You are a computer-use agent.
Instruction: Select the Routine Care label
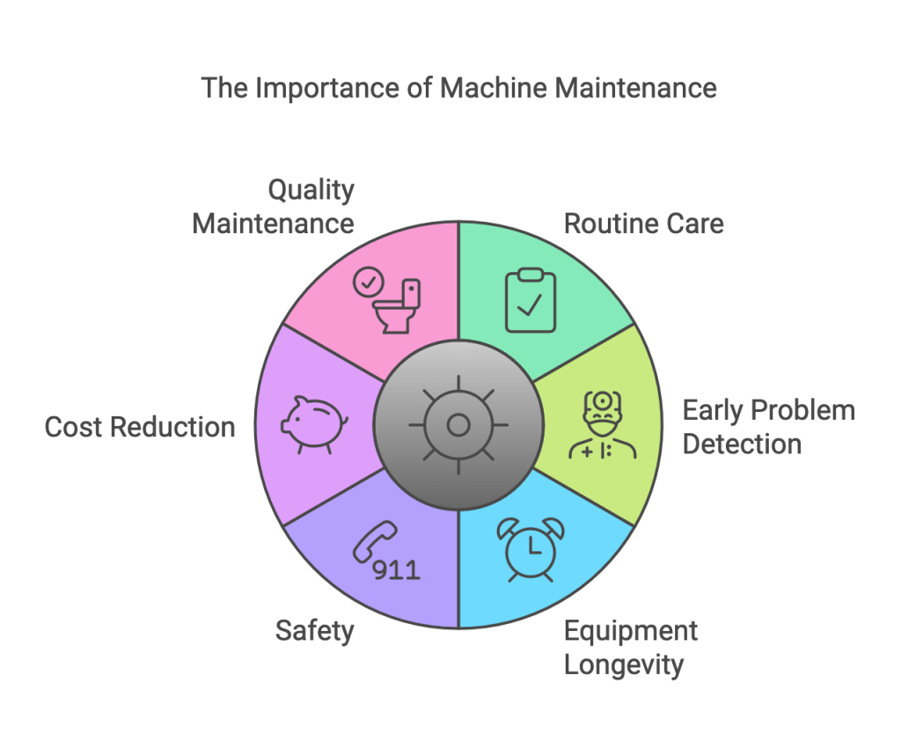coord(643,223)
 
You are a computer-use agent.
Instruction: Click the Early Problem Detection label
coord(768,427)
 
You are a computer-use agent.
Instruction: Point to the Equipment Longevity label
coord(630,647)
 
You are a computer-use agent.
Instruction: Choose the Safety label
coord(314,630)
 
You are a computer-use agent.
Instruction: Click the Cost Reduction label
coord(140,428)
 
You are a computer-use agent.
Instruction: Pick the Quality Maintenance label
coord(274,206)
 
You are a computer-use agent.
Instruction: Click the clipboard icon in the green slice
coord(530,300)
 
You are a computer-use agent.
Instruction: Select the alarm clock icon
coord(531,548)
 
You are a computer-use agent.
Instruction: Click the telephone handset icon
coord(373,542)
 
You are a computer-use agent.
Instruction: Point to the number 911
coord(397,570)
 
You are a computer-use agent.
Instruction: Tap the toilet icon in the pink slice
coord(399,307)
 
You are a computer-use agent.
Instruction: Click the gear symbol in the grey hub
coord(458,426)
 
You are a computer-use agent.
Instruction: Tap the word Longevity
coord(623,665)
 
